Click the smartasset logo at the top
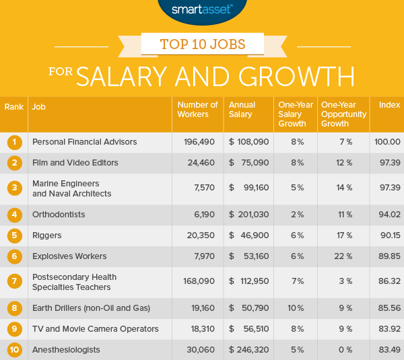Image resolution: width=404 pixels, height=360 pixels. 201,9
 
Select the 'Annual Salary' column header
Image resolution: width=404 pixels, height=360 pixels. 242,110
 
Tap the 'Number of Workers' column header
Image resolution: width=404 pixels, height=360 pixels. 197,110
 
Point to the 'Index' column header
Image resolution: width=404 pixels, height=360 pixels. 389,106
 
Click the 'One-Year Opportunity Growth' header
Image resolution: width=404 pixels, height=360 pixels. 343,114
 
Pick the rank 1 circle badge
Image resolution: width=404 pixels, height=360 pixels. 13,142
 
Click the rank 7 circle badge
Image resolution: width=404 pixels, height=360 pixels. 13,283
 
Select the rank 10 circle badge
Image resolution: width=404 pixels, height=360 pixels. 13,349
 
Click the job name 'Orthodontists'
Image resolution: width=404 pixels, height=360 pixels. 59,215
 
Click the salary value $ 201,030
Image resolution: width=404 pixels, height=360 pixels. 249,215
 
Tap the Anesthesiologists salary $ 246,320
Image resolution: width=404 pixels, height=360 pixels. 249,349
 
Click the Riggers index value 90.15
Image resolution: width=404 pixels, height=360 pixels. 389,236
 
